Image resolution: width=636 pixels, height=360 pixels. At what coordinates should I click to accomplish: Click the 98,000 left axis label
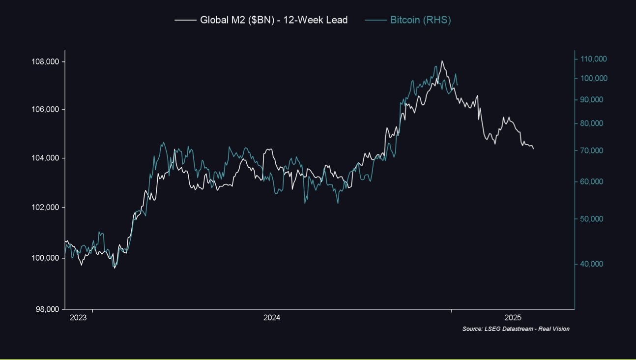pos(47,309)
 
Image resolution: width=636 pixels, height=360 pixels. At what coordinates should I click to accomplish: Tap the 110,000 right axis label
pos(594,59)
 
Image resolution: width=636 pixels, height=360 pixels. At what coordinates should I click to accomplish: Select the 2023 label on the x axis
pos(78,318)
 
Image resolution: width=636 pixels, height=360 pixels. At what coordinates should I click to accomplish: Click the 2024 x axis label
pos(271,318)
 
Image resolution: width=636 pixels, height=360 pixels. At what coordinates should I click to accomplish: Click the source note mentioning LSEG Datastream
pos(516,329)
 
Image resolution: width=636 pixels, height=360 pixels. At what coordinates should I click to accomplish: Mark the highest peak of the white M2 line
pos(442,61)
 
